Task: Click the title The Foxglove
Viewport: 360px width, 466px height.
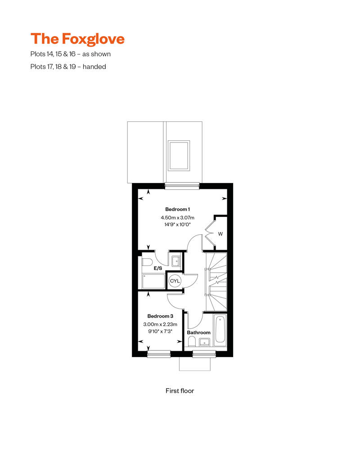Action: tap(77, 39)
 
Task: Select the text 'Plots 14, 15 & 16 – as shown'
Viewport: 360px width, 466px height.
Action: tap(71, 54)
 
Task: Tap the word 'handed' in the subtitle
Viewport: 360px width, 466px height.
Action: tap(95, 67)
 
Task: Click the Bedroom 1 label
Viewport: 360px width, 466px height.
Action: tap(178, 210)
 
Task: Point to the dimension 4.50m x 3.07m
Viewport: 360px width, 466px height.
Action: tap(178, 218)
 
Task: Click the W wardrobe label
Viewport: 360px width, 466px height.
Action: tap(220, 233)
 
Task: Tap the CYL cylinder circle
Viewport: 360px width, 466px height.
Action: tap(175, 281)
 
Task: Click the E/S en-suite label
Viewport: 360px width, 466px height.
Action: tap(158, 268)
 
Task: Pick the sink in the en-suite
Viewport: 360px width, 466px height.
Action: tap(175, 260)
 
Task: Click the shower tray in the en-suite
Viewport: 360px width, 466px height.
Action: tap(153, 281)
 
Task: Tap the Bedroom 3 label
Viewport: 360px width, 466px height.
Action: tap(160, 316)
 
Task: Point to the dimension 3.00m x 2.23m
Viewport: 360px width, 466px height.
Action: tap(160, 324)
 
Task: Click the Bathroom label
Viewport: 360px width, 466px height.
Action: tap(198, 332)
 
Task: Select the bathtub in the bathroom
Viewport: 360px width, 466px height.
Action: tap(220, 331)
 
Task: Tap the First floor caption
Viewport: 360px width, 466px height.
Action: tap(180, 391)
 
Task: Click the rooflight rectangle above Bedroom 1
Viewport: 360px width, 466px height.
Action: tap(179, 155)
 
